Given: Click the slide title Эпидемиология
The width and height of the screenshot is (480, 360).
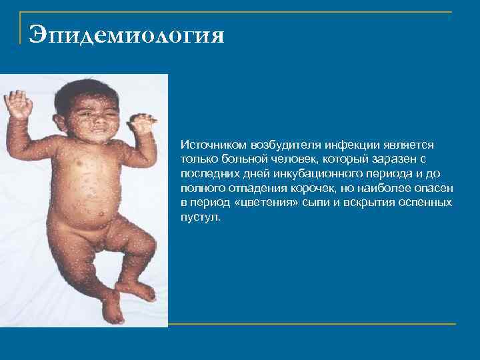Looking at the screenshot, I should (126, 33).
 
